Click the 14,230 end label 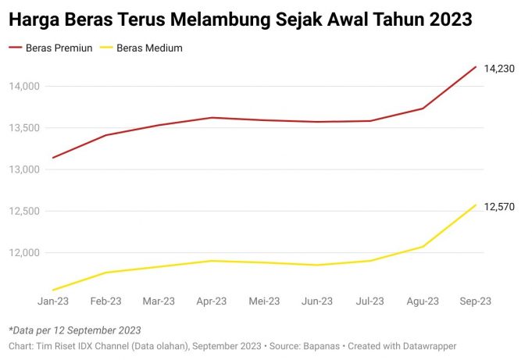[x=499, y=70]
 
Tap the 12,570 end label [x=499, y=207]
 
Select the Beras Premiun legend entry [x=59, y=48]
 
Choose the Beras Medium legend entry [x=149, y=48]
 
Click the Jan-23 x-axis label [x=53, y=301]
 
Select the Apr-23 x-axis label [x=212, y=301]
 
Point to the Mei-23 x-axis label [x=264, y=301]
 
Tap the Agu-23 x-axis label [x=423, y=301]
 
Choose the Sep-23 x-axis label [x=475, y=301]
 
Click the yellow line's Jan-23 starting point [x=53, y=290]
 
